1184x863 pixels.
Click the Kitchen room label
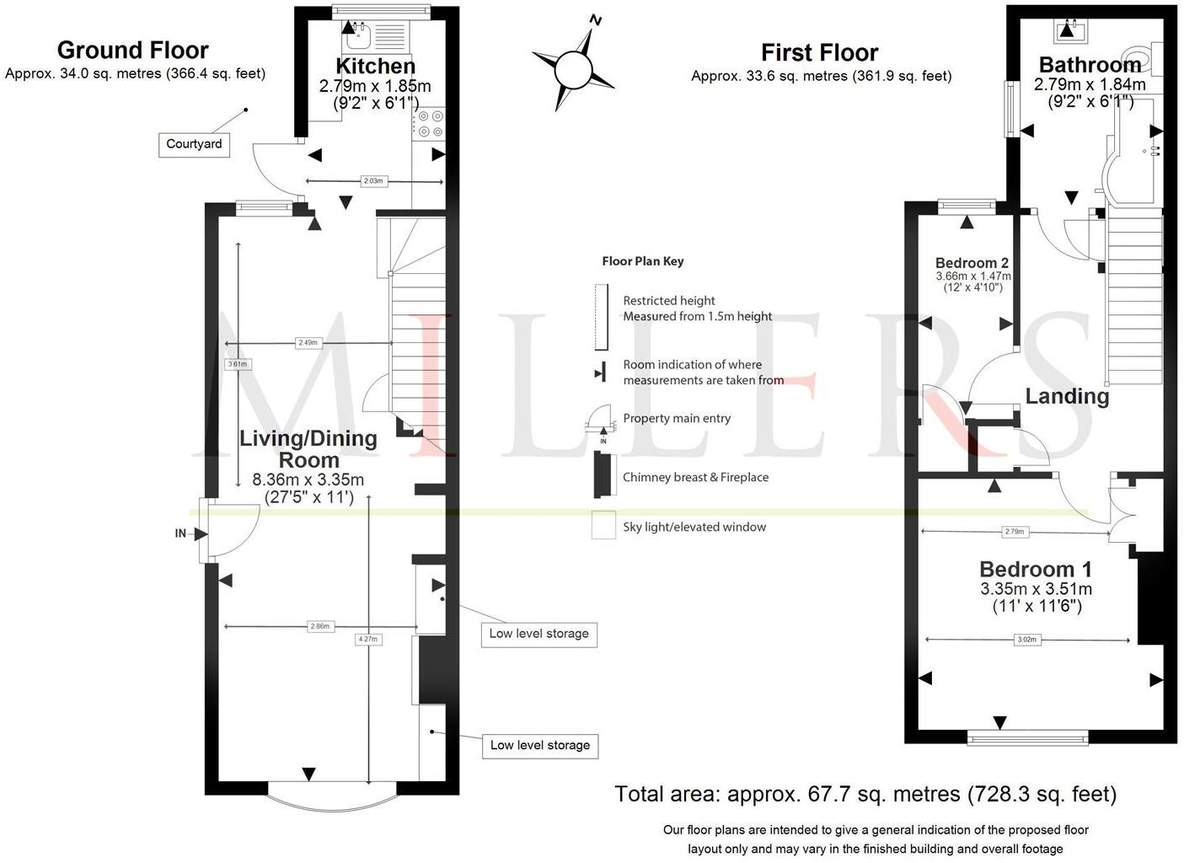click(x=375, y=66)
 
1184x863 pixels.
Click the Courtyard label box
click(x=194, y=144)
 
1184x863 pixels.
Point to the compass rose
click(x=575, y=68)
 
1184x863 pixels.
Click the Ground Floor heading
click(x=132, y=51)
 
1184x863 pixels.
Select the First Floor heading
click(x=819, y=53)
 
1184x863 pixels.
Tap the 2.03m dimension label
click(x=373, y=181)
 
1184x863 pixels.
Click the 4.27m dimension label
click(x=368, y=639)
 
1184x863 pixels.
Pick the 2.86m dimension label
click(x=320, y=626)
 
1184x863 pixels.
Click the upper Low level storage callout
click(x=538, y=634)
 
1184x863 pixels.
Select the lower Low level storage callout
click(x=539, y=745)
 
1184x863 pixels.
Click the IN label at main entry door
click(x=180, y=533)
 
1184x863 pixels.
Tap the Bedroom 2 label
click(x=972, y=263)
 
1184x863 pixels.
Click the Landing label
click(x=1066, y=396)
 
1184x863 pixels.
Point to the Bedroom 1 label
click(x=1035, y=570)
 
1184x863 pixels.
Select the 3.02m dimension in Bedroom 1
click(x=1026, y=640)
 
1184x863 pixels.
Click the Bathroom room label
click(x=1089, y=65)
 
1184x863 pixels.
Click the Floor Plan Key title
click(x=642, y=261)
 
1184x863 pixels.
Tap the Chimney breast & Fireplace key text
click(x=695, y=477)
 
